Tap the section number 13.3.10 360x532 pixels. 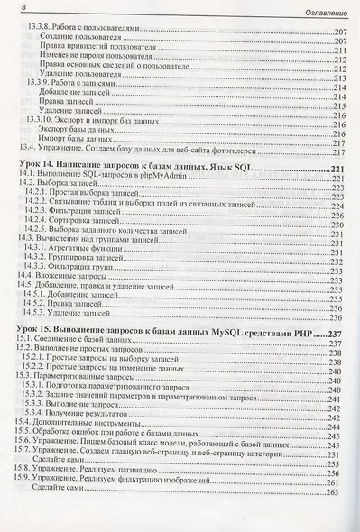[x=44, y=118]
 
